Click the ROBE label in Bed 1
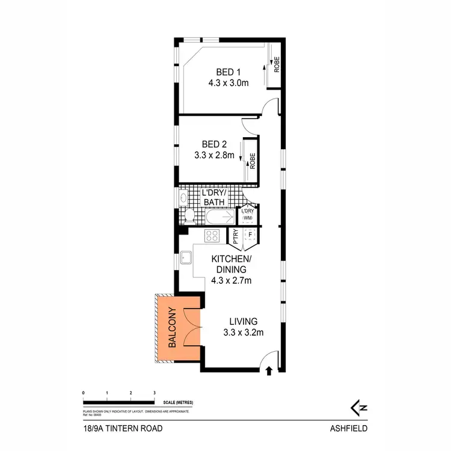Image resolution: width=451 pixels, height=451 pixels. click(277, 64)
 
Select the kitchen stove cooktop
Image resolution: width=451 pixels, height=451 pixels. click(213, 235)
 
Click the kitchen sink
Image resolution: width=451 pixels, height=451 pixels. click(186, 259)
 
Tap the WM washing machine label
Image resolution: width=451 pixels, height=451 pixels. click(247, 218)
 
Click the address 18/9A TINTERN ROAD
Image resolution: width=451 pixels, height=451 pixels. click(123, 429)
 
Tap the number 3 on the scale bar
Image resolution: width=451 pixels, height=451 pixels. click(155, 392)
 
